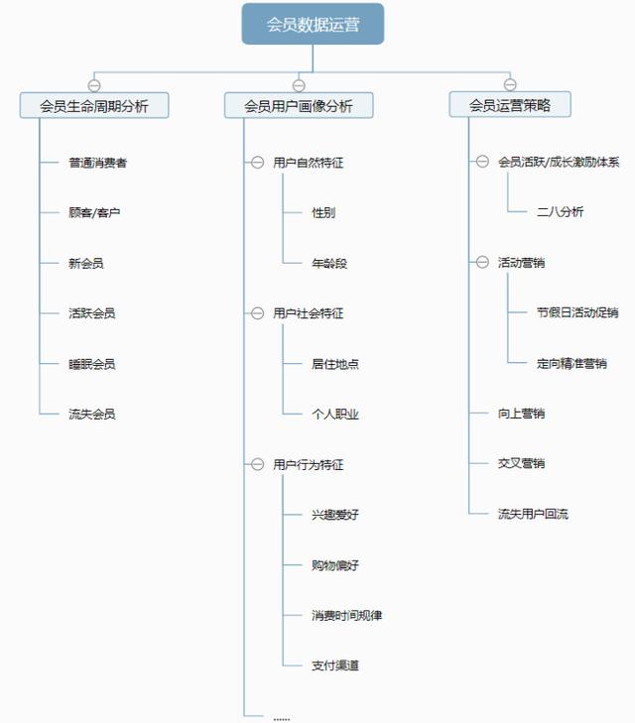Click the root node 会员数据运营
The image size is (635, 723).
click(x=313, y=24)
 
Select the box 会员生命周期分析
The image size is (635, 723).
click(x=94, y=105)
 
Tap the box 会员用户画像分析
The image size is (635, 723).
click(x=299, y=105)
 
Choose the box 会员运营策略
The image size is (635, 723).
click(x=509, y=105)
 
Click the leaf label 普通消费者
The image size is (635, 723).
click(x=97, y=163)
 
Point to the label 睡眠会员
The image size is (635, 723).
click(x=91, y=364)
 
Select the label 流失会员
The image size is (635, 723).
click(x=91, y=415)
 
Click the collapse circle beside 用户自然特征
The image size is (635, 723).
click(x=257, y=163)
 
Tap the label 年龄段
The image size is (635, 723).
click(x=329, y=264)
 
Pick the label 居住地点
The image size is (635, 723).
click(x=334, y=364)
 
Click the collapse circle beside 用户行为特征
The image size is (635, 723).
click(x=257, y=464)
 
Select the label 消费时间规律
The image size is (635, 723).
click(x=346, y=616)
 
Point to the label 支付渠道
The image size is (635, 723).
click(x=334, y=665)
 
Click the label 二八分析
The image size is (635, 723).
click(x=560, y=212)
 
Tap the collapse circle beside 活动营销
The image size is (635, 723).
click(x=482, y=263)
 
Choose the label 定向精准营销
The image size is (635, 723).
click(x=571, y=364)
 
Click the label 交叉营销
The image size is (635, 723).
click(x=521, y=464)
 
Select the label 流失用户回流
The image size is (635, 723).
click(x=533, y=515)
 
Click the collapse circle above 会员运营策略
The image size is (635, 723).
click(x=509, y=84)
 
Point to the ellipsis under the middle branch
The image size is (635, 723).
click(x=281, y=717)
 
